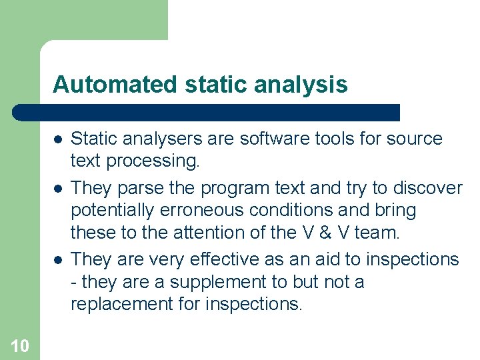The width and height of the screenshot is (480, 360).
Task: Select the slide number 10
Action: [x=20, y=345]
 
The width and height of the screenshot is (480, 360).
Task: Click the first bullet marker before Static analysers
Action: [x=59, y=139]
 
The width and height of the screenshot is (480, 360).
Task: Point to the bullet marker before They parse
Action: [x=59, y=189]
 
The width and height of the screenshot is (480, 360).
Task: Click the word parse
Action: [x=139, y=188]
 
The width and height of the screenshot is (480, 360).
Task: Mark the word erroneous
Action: [x=203, y=211]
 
